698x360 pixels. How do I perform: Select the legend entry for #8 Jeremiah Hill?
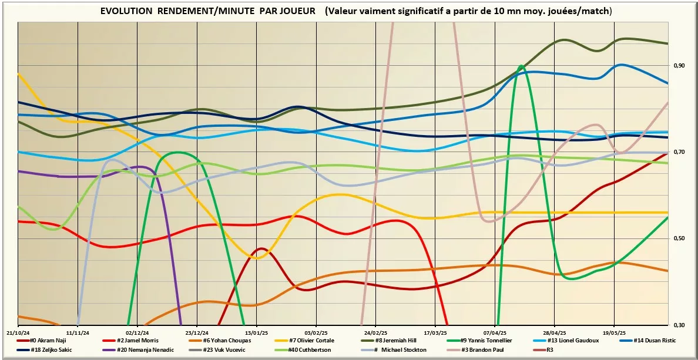(405, 340)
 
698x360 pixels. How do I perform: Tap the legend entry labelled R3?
(549, 349)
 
